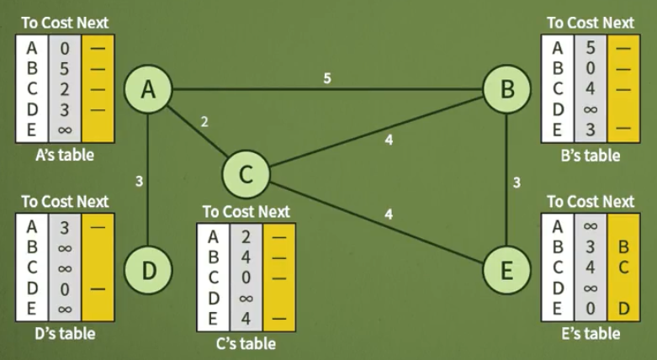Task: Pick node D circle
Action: pyautogui.click(x=148, y=270)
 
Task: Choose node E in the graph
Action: pyautogui.click(x=506, y=270)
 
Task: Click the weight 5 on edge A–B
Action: pyautogui.click(x=328, y=78)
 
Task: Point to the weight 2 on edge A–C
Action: pyautogui.click(x=204, y=121)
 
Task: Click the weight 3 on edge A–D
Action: pyautogui.click(x=138, y=180)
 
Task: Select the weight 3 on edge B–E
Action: pyautogui.click(x=517, y=182)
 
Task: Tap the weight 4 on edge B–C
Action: pyautogui.click(x=388, y=140)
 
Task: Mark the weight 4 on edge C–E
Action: pyautogui.click(x=388, y=214)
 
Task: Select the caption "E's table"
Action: pyautogui.click(x=590, y=334)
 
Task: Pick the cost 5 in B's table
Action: pyautogui.click(x=591, y=49)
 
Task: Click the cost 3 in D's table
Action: pyautogui.click(x=65, y=226)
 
